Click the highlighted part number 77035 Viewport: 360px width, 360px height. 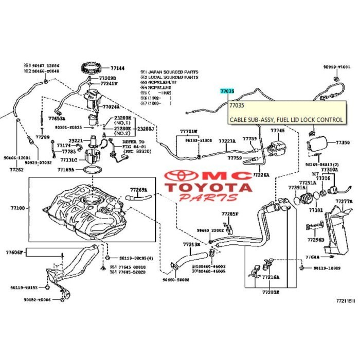tap(227, 91)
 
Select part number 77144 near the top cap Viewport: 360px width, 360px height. tap(117, 68)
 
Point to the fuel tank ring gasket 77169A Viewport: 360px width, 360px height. tap(66, 169)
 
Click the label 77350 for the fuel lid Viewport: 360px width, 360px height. tap(343, 141)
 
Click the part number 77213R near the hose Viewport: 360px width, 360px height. tap(191, 245)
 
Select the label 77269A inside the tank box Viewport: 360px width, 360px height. tap(138, 190)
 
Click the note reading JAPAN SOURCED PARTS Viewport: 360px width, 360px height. tap(172, 71)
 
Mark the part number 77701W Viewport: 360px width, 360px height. tap(188, 131)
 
